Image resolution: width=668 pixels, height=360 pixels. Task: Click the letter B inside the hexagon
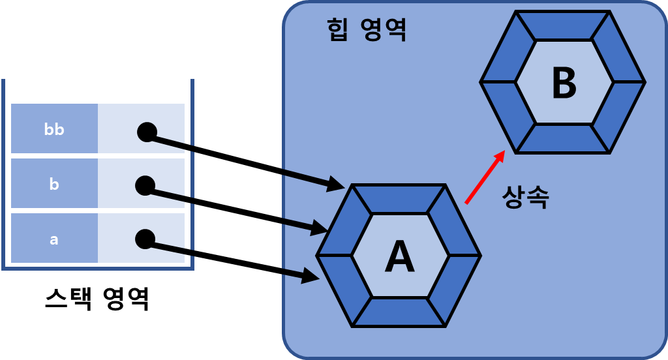564,83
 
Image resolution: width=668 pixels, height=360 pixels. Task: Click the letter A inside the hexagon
400,257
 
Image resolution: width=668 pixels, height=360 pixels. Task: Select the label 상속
525,197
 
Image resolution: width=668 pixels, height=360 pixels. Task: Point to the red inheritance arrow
485,177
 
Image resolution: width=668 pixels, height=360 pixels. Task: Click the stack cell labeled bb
54,129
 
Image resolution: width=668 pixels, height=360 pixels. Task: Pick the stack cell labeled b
54,184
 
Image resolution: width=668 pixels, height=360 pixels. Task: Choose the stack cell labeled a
54,239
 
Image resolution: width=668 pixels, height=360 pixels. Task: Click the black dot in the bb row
147,132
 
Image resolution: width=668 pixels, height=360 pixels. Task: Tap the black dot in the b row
145,185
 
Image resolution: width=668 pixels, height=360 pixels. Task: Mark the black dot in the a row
145,239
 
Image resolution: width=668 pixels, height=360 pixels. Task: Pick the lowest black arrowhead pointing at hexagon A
311,276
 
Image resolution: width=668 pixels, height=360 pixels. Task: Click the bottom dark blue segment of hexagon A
399,312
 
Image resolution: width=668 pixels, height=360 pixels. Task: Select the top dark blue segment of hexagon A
399,199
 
